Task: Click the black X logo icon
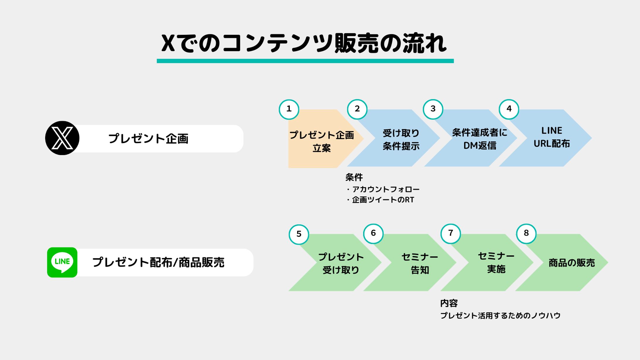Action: pyautogui.click(x=62, y=138)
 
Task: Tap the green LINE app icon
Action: pyautogui.click(x=62, y=262)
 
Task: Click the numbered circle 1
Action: pyautogui.click(x=289, y=109)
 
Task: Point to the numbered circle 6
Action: pyautogui.click(x=373, y=233)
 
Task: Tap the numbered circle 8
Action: pyautogui.click(x=526, y=233)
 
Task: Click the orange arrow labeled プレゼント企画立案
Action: pyautogui.click(x=321, y=141)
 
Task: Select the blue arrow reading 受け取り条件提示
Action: pyautogui.click(x=401, y=139)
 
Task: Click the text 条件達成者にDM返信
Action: pyautogui.click(x=479, y=139)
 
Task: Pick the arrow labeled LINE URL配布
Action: pyautogui.click(x=552, y=137)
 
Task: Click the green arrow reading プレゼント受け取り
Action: pyautogui.click(x=341, y=263)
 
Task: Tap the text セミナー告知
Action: pyautogui.click(x=420, y=263)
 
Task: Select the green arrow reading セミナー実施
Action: pyautogui.click(x=496, y=262)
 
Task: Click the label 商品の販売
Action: pyautogui.click(x=571, y=263)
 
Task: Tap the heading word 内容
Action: pyautogui.click(x=449, y=303)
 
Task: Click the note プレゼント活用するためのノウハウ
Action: pyautogui.click(x=500, y=315)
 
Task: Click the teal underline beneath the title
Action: pyautogui.click(x=305, y=61)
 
